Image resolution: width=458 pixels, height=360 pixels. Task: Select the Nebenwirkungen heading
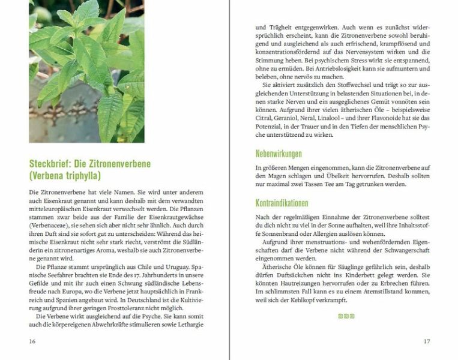click(279, 154)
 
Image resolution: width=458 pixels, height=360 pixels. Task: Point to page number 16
click(32, 341)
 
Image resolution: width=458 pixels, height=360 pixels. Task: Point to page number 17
click(427, 341)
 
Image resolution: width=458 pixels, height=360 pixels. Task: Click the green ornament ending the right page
click(346, 316)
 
